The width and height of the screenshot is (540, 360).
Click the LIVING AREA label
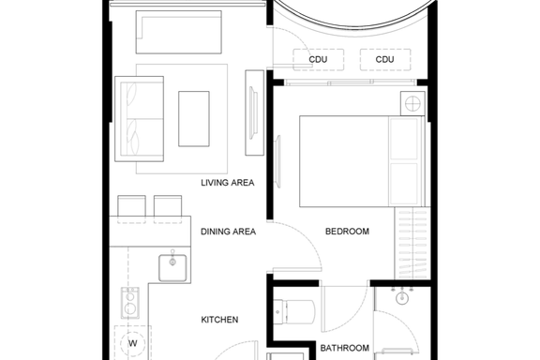pyautogui.click(x=227, y=183)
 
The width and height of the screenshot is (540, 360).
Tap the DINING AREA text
pyautogui.click(x=228, y=232)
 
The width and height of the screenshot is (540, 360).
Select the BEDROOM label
pyautogui.click(x=347, y=232)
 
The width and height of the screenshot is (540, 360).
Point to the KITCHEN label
pyautogui.click(x=219, y=320)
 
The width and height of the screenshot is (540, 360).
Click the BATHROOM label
pyautogui.click(x=344, y=348)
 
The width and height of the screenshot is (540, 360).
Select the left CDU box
pyautogui.click(x=318, y=60)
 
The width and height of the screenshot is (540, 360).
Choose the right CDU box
pyautogui.click(x=385, y=60)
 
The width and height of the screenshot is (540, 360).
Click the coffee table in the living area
pyautogui.click(x=194, y=119)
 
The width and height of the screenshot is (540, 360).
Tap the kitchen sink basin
pyautogui.click(x=172, y=268)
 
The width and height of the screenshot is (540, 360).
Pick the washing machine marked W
pyautogui.click(x=133, y=343)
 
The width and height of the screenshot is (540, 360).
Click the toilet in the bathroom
pyautogui.click(x=293, y=312)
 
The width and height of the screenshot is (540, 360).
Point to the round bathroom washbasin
pyautogui.click(x=402, y=297)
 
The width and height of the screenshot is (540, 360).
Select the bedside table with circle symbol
pyautogui.click(x=412, y=103)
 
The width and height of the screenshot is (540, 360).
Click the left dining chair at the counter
pyautogui.click(x=131, y=209)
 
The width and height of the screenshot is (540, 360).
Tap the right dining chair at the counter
pyautogui.click(x=168, y=209)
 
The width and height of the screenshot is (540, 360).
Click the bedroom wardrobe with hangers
pyautogui.click(x=412, y=243)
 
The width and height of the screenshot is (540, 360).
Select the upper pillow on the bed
pyautogui.click(x=404, y=139)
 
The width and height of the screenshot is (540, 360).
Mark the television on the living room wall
pyautogui.click(x=254, y=112)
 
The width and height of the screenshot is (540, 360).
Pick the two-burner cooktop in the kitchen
pyautogui.click(x=129, y=303)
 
